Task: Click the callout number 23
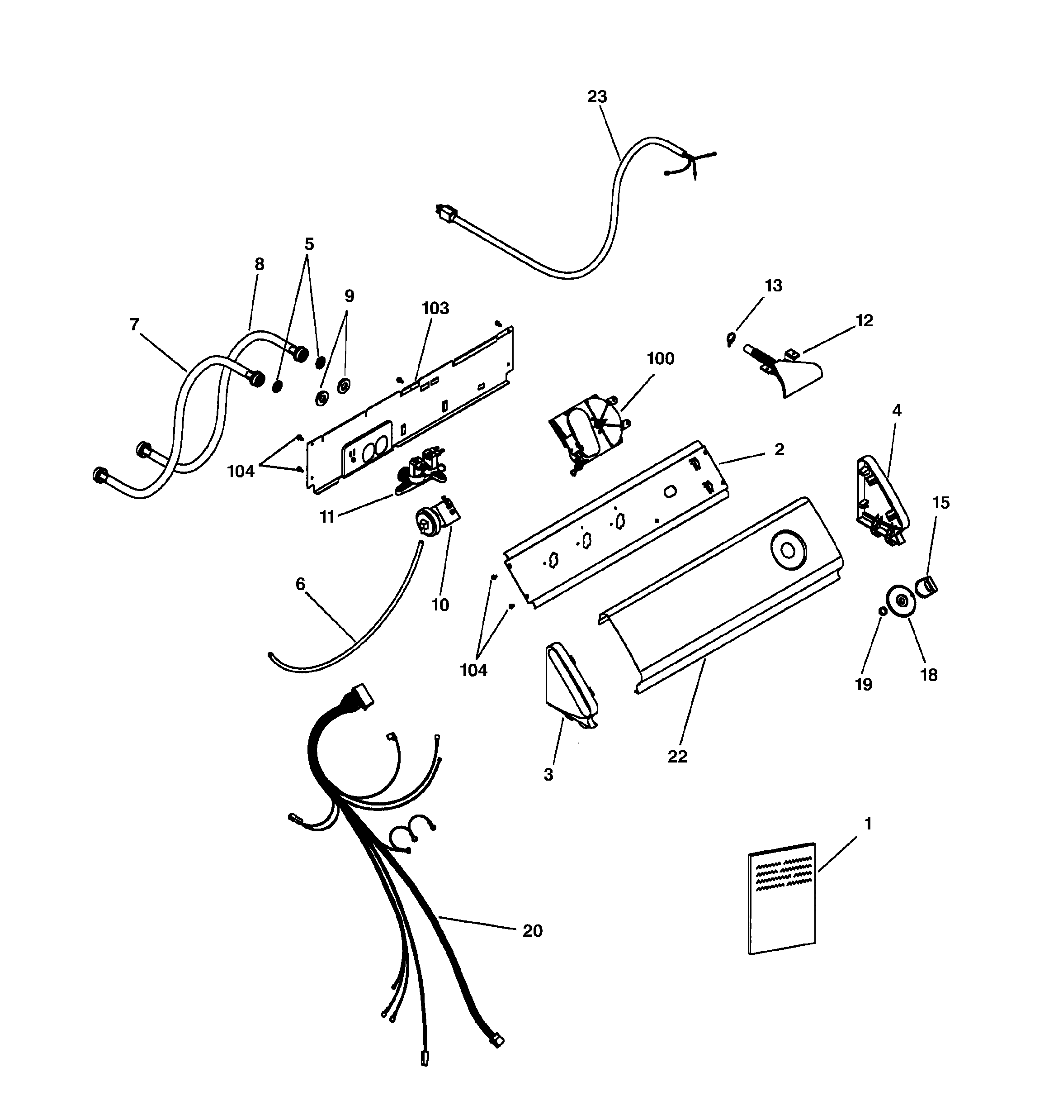coord(597,97)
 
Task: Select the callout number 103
coord(435,308)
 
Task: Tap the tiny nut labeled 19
coord(882,612)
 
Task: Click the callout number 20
coord(532,931)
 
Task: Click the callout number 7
coord(134,325)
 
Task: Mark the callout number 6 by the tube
coord(300,584)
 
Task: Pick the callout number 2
coord(779,449)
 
